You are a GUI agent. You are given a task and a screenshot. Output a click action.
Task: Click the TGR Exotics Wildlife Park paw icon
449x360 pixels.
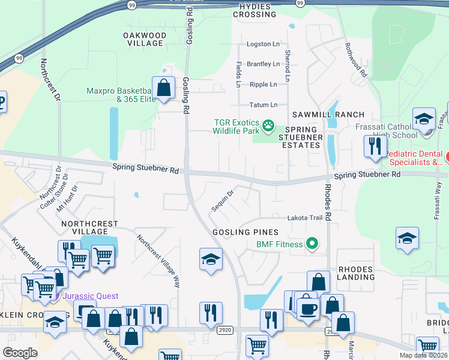(x=269, y=126)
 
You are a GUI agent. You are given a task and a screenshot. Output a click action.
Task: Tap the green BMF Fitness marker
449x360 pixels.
(x=312, y=244)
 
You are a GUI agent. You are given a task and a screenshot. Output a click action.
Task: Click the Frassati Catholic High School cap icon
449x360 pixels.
(x=424, y=118)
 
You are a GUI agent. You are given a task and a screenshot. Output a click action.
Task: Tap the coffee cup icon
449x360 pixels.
(x=309, y=308)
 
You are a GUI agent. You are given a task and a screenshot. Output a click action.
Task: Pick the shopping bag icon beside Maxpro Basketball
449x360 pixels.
(x=163, y=88)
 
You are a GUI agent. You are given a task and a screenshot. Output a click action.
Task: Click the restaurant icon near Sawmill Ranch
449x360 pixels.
(x=375, y=146)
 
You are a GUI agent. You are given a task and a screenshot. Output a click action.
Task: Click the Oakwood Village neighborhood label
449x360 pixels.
(x=143, y=40)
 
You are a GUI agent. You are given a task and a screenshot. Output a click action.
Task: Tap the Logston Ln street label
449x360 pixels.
(x=263, y=45)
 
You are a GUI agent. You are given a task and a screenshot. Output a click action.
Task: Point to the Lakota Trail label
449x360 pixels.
(x=305, y=218)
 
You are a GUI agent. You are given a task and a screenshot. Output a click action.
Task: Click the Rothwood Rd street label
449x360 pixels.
(x=355, y=60)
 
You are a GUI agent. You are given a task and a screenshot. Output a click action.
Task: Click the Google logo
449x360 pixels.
(x=20, y=353)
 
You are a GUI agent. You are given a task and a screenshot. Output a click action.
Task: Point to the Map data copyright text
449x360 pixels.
(x=423, y=355)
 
